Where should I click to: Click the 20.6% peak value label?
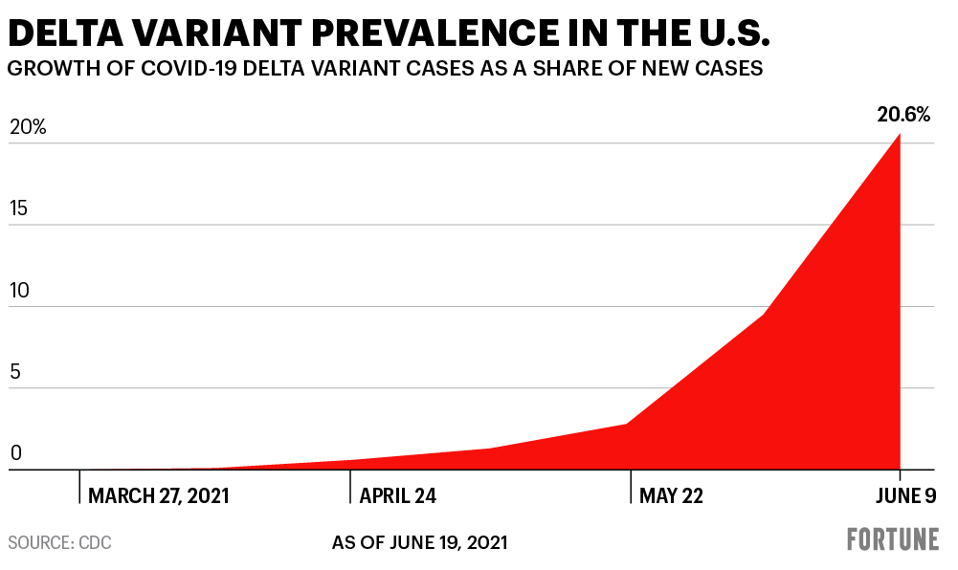point(902,116)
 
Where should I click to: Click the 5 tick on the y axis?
point(15,373)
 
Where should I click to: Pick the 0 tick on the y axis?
point(15,455)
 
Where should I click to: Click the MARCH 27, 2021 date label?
point(159,495)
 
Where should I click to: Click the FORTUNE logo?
point(892,540)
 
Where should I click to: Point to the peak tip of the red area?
point(900,135)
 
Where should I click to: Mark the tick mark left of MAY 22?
point(631,486)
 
